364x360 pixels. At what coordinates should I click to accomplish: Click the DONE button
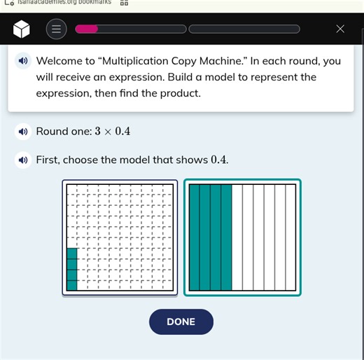[181, 321]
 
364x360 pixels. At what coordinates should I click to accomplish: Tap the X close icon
[340, 29]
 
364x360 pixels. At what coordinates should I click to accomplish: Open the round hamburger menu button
[57, 29]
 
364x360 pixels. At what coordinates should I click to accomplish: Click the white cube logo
[22, 29]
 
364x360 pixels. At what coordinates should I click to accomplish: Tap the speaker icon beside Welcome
[24, 61]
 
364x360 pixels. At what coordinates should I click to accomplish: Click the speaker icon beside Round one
[24, 131]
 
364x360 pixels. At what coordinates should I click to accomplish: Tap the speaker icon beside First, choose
[24, 160]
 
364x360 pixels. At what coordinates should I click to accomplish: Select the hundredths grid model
[118, 237]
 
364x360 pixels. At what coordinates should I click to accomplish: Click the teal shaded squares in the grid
[72, 269]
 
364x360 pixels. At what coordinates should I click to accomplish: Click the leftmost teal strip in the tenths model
[195, 237]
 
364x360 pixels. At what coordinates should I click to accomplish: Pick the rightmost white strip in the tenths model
[290, 237]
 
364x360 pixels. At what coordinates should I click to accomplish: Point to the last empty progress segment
[244, 29]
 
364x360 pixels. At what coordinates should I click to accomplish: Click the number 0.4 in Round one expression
[122, 131]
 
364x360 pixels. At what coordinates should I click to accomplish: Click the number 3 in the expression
[98, 131]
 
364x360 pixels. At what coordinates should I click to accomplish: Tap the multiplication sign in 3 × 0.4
[108, 132]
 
